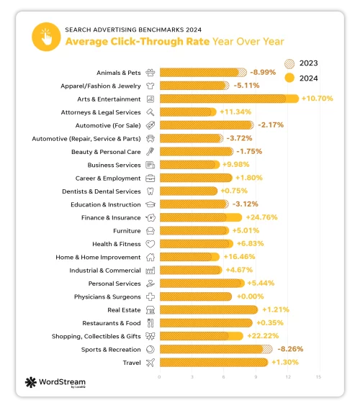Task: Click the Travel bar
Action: [x=213, y=362]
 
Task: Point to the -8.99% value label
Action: [x=265, y=72]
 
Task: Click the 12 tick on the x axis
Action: [x=287, y=376]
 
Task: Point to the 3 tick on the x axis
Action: [x=192, y=376]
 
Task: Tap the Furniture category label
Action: [x=127, y=230]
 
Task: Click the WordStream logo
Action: [x=56, y=382]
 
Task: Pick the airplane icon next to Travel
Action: [x=150, y=362]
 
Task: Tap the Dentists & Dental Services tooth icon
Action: [x=150, y=191]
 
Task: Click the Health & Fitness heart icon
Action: [x=150, y=244]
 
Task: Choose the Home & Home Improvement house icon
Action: [x=150, y=257]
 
